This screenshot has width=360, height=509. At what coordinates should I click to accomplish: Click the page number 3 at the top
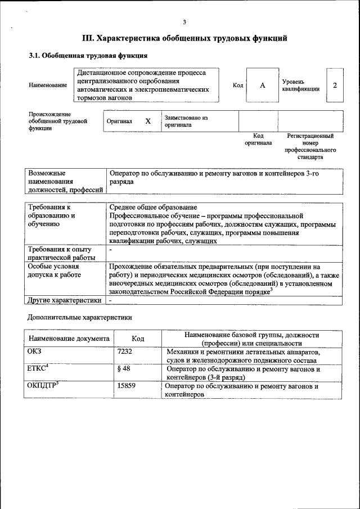(184, 22)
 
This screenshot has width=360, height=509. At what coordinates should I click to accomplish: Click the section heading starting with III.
(184, 39)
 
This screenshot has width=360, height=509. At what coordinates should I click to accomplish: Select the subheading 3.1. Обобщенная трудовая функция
(88, 56)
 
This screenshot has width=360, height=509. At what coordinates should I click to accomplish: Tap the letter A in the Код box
(262, 85)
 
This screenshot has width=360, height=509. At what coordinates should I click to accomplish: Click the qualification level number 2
(335, 85)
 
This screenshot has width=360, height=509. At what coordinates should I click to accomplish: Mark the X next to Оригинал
(148, 121)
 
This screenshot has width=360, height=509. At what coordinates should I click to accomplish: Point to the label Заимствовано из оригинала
(186, 121)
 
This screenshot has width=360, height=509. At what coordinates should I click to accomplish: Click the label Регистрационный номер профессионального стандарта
(310, 146)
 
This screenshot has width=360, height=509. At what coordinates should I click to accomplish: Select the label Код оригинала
(258, 139)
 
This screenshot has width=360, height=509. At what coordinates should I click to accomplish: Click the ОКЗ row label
(35, 352)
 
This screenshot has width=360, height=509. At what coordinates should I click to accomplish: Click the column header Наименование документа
(69, 339)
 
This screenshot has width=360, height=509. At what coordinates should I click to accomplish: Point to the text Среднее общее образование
(153, 207)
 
